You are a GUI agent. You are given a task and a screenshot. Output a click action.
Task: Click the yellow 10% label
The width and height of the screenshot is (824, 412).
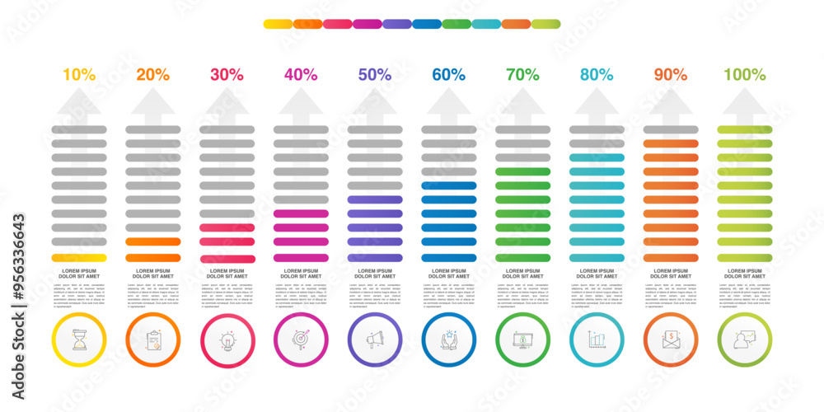pos(79,74)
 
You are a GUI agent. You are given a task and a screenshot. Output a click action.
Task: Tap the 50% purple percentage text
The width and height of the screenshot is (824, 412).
pos(375,74)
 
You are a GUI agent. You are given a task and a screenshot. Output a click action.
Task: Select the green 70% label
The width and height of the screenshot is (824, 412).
pos(523,74)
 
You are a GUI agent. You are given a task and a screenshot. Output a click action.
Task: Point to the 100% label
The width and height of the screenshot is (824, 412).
pos(745,74)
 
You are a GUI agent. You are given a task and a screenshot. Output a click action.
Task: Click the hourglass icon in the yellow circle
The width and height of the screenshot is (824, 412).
pos(79,340)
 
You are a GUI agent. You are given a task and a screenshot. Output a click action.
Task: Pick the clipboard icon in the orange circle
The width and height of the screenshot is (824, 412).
pos(153,340)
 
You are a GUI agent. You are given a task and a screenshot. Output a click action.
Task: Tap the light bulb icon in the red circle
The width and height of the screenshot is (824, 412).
pos(227,340)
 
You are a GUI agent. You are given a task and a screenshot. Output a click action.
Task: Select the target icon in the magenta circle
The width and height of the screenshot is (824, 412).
pos(301,340)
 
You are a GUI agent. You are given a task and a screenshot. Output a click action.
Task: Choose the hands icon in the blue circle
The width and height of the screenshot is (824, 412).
pos(449,340)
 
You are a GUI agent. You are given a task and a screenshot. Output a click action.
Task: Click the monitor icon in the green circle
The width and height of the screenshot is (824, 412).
pos(523,340)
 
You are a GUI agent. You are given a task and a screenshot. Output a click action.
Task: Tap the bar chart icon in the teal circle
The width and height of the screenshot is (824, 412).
pos(597,340)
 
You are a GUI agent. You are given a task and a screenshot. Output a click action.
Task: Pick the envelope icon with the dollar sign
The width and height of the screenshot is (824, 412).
pos(671,340)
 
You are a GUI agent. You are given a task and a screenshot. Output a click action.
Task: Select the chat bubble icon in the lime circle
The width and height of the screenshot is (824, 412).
pos(745,340)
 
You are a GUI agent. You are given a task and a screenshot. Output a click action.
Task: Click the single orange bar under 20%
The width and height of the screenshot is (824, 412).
pos(153,242)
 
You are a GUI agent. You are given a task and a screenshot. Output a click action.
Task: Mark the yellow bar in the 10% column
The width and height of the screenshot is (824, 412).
pos(79,258)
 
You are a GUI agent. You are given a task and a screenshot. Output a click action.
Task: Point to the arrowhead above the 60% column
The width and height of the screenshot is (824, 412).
pos(449,101)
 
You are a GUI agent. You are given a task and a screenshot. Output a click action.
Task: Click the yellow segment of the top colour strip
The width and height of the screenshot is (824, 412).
pos(278,24)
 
